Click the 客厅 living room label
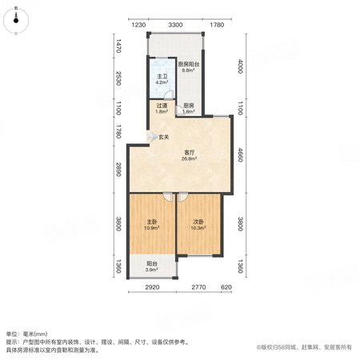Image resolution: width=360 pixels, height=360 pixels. [x=190, y=153]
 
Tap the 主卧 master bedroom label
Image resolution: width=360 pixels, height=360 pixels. [x=152, y=222]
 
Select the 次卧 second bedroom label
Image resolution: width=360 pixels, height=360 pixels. [x=198, y=222]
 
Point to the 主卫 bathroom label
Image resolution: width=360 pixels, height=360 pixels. [x=162, y=77]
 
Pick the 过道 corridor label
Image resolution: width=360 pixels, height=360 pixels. [x=162, y=106]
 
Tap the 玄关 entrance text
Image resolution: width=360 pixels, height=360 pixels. [x=164, y=138]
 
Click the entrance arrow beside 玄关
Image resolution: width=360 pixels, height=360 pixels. [x=151, y=137]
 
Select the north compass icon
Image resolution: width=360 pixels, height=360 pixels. [x=16, y=21]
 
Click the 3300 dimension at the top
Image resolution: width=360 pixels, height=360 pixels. [x=175, y=25]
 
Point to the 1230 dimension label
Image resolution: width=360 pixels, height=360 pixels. [x=139, y=25]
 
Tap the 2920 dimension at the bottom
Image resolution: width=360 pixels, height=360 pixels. [x=152, y=287]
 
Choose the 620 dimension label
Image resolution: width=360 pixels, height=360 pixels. [x=226, y=287]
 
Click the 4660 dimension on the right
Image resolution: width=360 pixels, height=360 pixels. [x=240, y=154]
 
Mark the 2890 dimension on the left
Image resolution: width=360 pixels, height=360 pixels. [x=118, y=170]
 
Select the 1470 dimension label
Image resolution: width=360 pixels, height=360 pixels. [x=118, y=46]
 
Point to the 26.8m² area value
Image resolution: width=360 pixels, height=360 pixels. [x=190, y=158]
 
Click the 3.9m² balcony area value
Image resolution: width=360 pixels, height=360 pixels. [x=151, y=270]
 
